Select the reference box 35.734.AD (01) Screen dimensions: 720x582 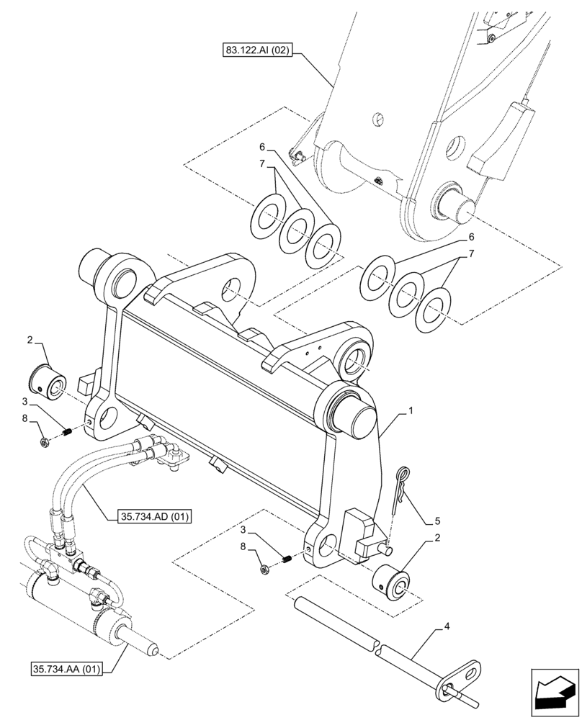(151, 516)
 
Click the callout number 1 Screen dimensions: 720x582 (410, 411)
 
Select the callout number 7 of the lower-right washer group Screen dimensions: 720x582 (471, 254)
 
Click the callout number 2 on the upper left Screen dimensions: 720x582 (30, 339)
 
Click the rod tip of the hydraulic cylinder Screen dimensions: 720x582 (152, 652)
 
